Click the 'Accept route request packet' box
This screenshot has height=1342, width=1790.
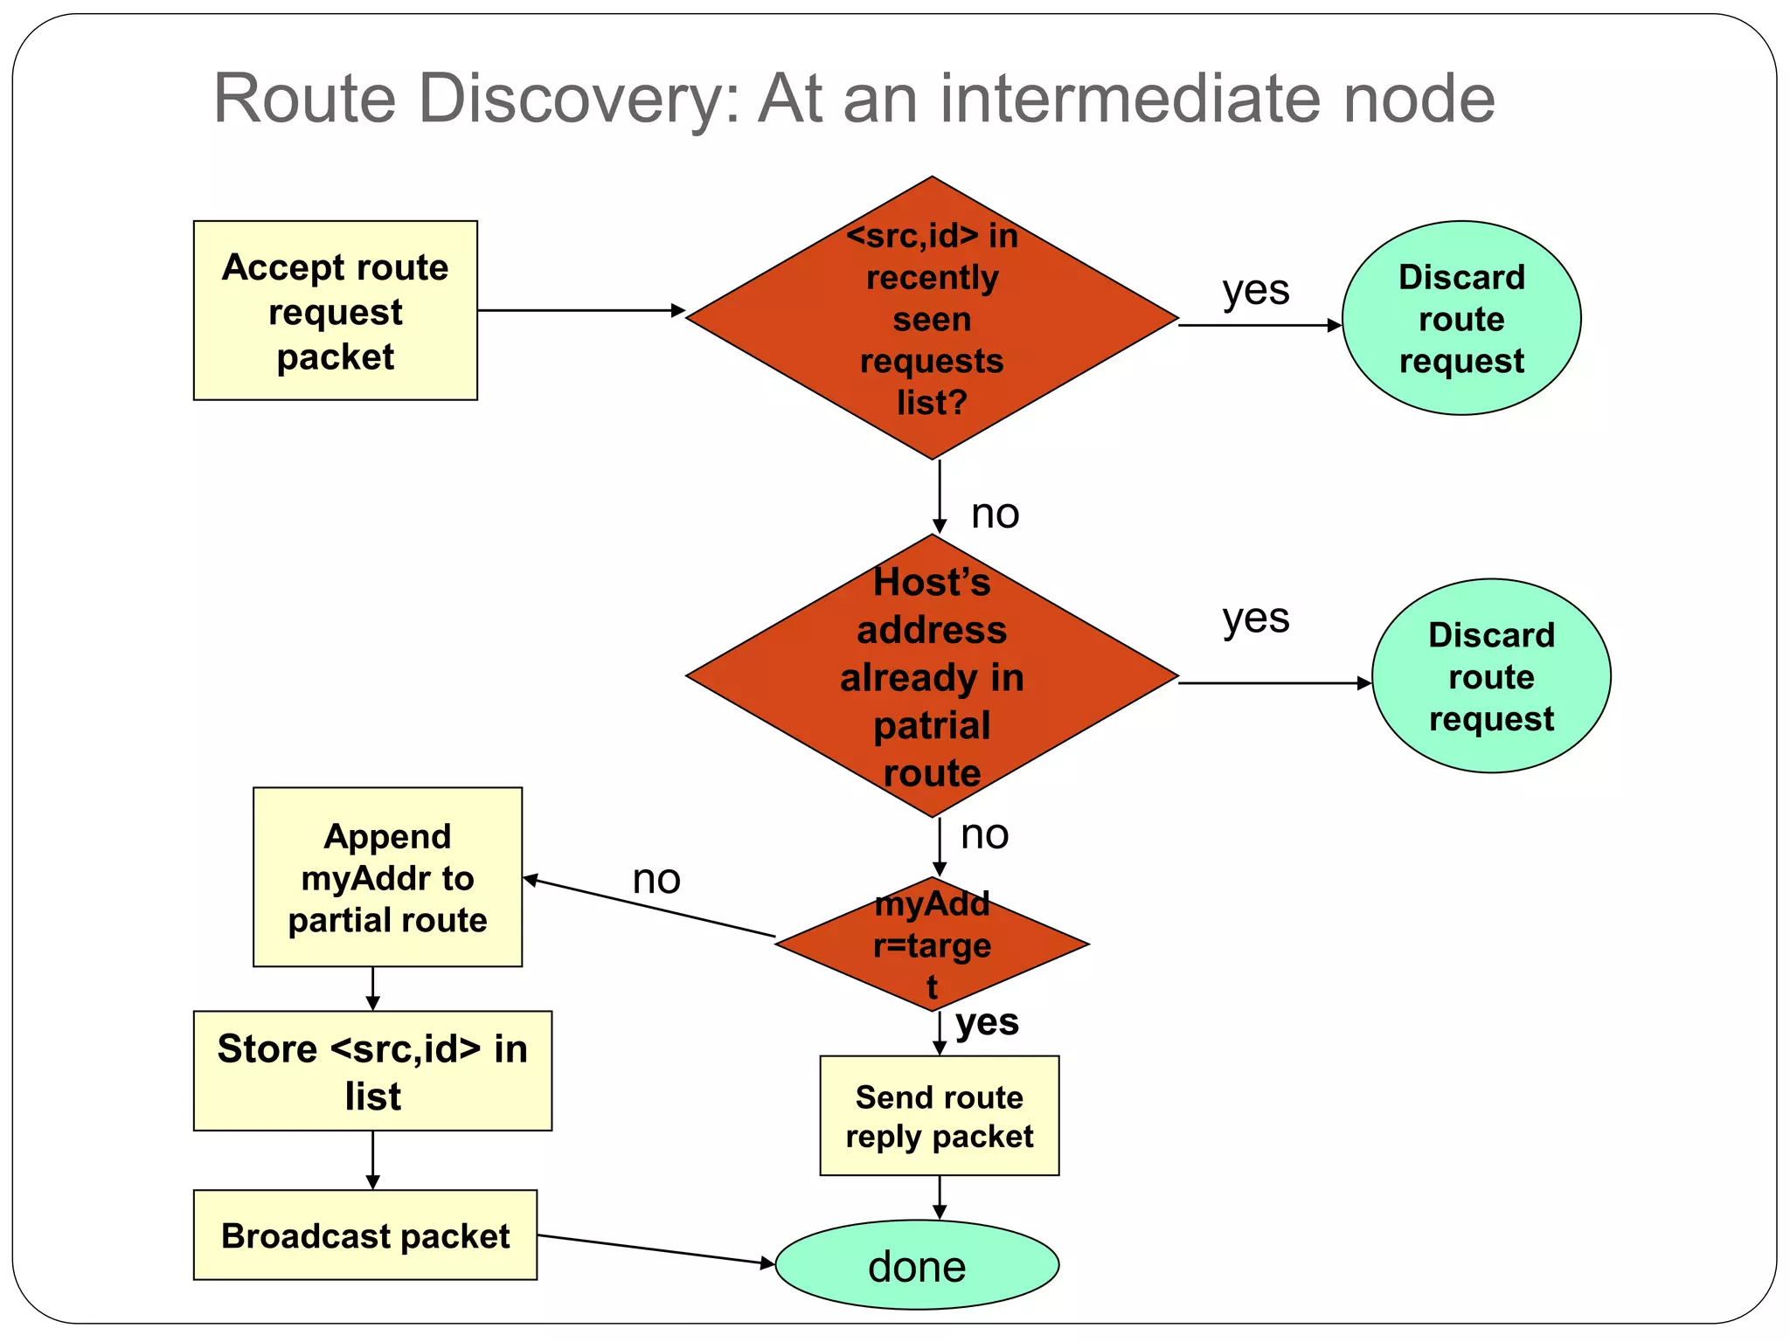coord(335,310)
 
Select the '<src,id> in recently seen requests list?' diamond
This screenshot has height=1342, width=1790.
coord(932,318)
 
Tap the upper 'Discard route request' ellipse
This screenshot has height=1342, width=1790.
coord(1460,318)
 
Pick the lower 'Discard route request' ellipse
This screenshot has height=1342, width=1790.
coord(1490,675)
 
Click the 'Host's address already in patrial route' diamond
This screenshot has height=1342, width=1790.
coord(932,676)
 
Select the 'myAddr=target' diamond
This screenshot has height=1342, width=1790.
coord(932,944)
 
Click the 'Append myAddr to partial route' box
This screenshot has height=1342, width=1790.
coord(387,877)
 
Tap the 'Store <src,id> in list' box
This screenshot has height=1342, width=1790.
coord(372,1071)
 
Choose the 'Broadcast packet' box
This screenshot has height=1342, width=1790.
coord(365,1235)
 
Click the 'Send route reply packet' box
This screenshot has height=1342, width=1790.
coord(939,1116)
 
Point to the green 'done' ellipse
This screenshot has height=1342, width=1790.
coord(917,1264)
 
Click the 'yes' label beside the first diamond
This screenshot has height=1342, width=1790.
coord(1255,289)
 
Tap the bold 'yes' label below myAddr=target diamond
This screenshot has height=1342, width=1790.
coord(987,1021)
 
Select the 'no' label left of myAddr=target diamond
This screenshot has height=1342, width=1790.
coord(656,879)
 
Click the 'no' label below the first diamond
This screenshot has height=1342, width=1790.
coord(995,514)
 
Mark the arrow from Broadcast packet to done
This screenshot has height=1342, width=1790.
coord(656,1249)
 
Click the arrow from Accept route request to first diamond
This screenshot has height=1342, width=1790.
coord(581,310)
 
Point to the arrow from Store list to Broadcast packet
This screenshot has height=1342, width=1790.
coord(373,1160)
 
